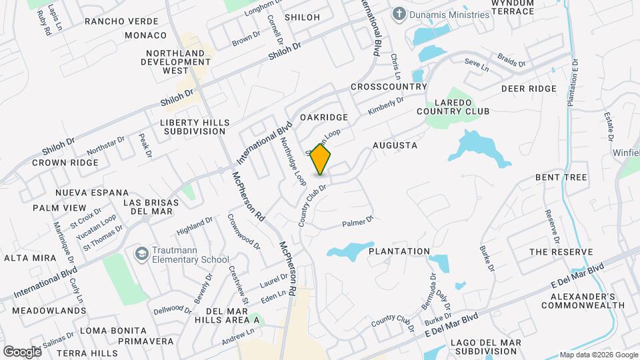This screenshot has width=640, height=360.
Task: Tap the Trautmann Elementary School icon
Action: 141,254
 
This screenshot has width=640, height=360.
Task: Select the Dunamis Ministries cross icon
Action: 399,13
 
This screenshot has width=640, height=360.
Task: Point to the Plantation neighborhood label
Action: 399,251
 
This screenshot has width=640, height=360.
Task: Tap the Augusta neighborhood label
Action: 395,145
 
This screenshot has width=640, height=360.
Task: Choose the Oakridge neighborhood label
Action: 324,117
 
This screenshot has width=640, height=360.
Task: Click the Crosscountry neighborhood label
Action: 388,87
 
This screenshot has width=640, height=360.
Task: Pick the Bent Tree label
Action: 561,177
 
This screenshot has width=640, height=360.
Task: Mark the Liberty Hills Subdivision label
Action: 194,127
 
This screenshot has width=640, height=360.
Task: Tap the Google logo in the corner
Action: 22,351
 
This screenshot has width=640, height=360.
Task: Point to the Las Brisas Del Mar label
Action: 147,207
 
